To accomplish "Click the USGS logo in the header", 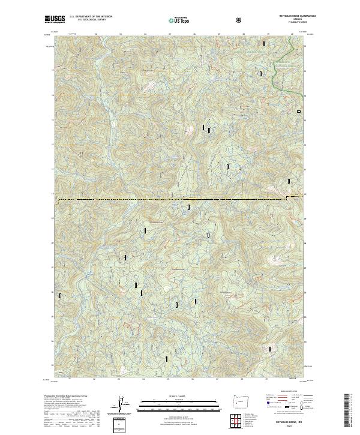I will point(56,20).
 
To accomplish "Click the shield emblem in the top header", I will point(239,20).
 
